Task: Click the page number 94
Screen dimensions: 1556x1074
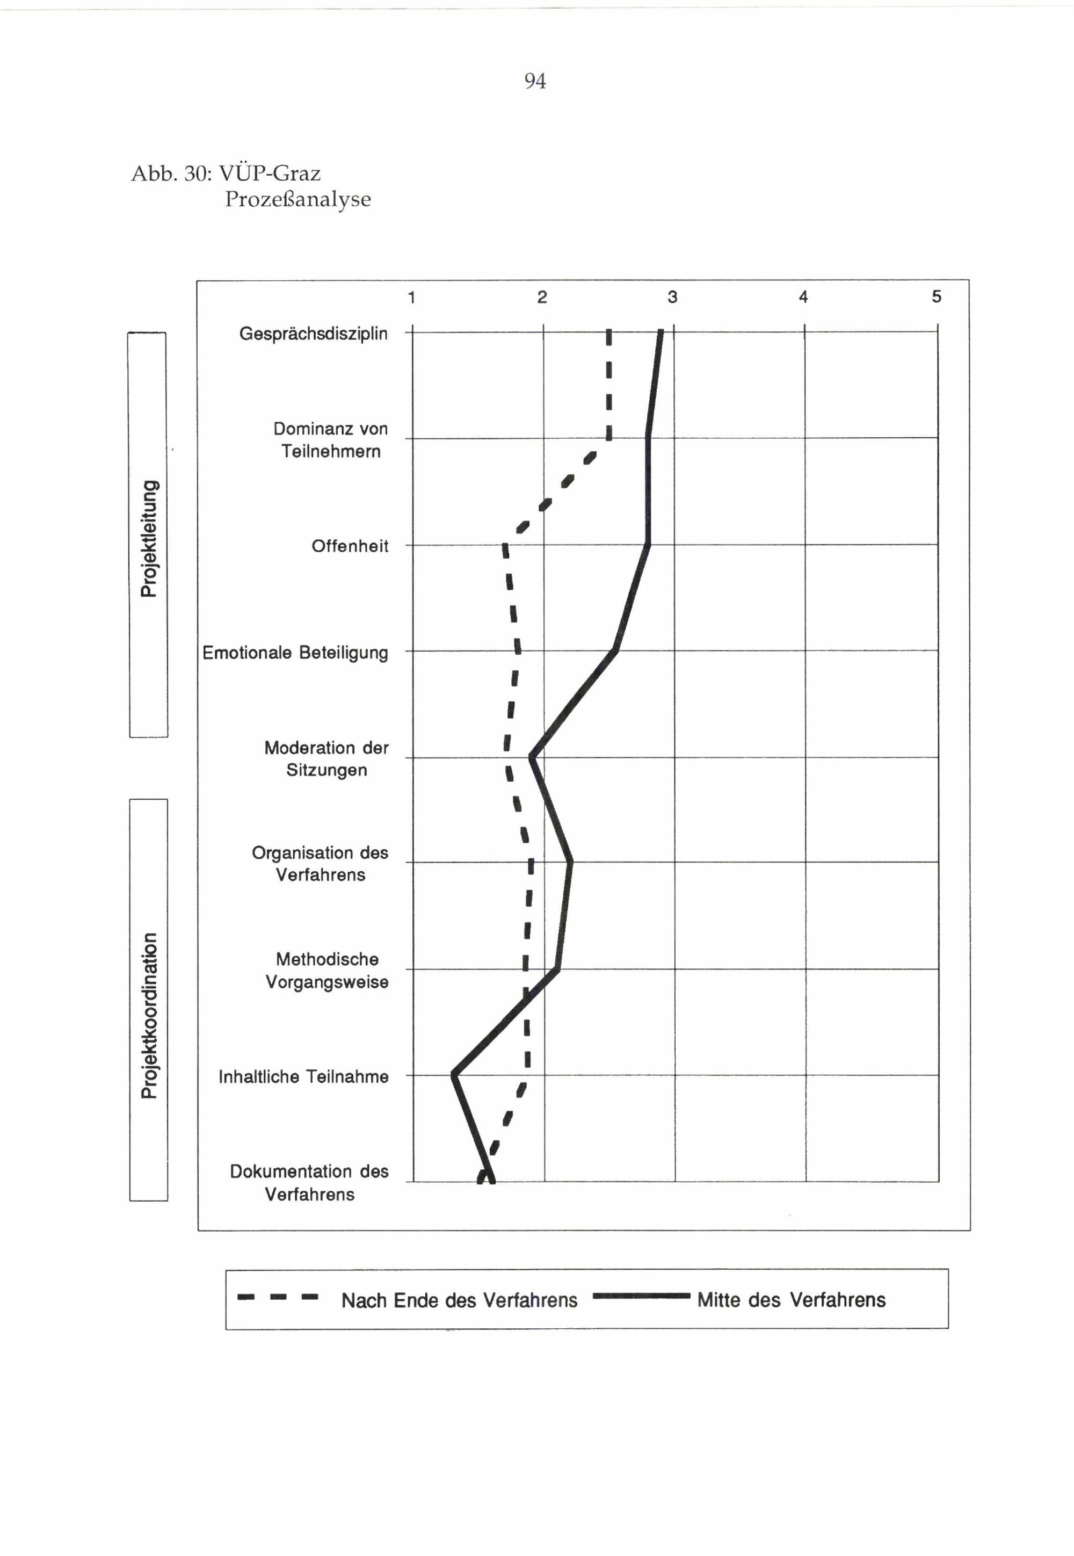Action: (535, 82)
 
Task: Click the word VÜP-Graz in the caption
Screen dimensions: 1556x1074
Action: (270, 173)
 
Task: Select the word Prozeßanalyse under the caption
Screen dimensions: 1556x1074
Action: (297, 199)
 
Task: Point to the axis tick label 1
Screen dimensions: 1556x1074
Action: (411, 298)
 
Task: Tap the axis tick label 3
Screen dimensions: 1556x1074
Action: (672, 298)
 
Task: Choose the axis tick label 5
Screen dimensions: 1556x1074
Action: (936, 297)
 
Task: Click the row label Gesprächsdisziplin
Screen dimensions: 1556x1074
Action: (314, 334)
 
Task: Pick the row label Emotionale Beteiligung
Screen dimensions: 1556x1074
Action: (295, 653)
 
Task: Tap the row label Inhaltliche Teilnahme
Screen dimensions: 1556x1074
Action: (303, 1077)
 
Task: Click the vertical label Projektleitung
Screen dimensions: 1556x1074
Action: (149, 538)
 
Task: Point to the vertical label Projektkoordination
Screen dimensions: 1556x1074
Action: (149, 1016)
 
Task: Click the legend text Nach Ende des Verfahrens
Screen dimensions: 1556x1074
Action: (459, 1300)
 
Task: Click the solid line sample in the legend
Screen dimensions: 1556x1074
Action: (641, 1296)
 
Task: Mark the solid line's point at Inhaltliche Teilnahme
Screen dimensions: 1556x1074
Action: (454, 1075)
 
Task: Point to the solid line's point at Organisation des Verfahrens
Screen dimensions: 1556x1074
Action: (571, 862)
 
